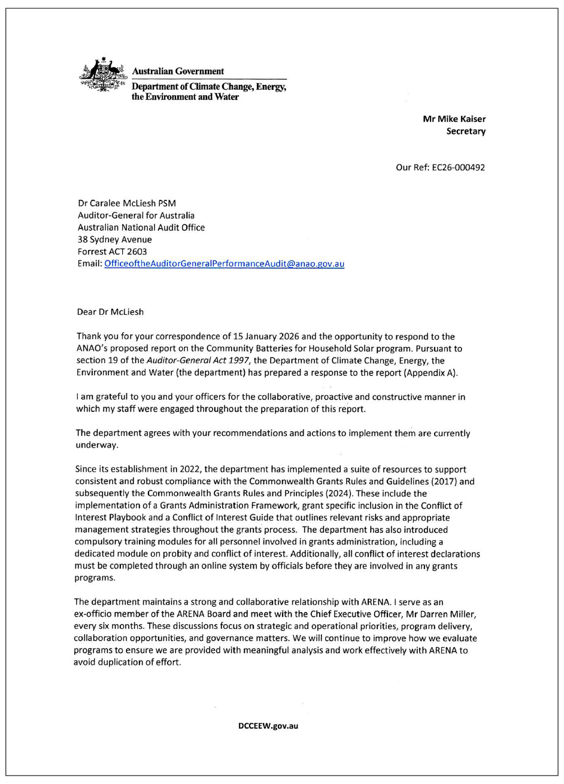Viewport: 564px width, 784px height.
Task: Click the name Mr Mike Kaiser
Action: click(454, 118)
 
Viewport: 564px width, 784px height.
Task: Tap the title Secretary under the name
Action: click(466, 131)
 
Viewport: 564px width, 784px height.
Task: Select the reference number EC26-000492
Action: click(458, 167)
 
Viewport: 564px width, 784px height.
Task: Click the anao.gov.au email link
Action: click(224, 263)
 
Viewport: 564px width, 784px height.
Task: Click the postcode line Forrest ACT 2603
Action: click(112, 251)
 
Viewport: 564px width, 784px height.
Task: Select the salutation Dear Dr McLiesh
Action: click(111, 312)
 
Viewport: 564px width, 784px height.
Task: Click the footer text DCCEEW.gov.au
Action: click(268, 726)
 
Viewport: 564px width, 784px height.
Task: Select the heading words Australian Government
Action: click(178, 71)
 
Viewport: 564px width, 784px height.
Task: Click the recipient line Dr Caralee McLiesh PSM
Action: click(127, 203)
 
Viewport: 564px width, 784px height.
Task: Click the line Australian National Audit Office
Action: click(141, 227)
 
